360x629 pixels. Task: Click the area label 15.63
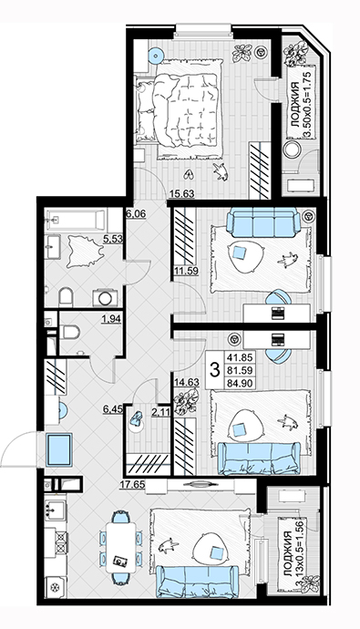coord(181,194)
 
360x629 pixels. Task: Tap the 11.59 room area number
coord(187,271)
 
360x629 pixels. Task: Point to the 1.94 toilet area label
coord(111,319)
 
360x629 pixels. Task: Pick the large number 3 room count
coord(215,369)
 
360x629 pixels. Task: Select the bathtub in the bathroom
coord(76,221)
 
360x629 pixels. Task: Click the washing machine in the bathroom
coord(106,298)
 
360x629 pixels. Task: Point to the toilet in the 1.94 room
coord(70,332)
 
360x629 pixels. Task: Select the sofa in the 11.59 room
coord(263,223)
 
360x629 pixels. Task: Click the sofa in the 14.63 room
coord(259,458)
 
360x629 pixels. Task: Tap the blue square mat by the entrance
coord(59,449)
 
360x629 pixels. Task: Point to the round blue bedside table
coord(156,56)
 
